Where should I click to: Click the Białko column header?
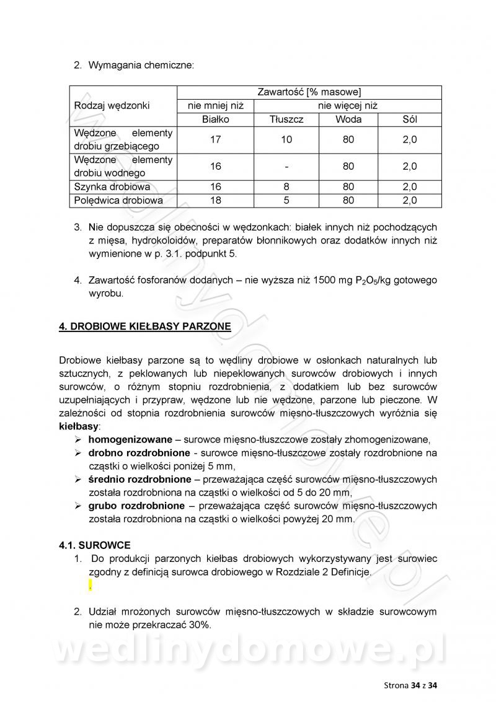pyautogui.click(x=215, y=120)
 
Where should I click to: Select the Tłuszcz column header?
pyautogui.click(x=286, y=120)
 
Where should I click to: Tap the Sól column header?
pyautogui.click(x=410, y=120)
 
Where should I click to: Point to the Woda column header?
pyautogui.click(x=348, y=120)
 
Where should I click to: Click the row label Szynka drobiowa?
pyautogui.click(x=112, y=186)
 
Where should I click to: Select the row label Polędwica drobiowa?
pyautogui.click(x=118, y=200)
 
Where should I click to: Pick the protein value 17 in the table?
pyautogui.click(x=215, y=140)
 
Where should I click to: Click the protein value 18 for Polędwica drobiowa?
pyautogui.click(x=215, y=200)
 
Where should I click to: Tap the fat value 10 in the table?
pyautogui.click(x=286, y=140)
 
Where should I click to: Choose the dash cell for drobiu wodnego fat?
pyautogui.click(x=286, y=167)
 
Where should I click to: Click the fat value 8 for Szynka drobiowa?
pyautogui.click(x=286, y=186)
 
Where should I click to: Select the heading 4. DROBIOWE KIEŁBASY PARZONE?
pyautogui.click(x=144, y=327)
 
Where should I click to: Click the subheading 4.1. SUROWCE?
pyautogui.click(x=95, y=545)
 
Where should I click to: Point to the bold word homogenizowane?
pyautogui.click(x=128, y=439)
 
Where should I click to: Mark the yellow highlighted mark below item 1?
pyautogui.click(x=91, y=586)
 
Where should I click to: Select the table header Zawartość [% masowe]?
pyautogui.click(x=308, y=92)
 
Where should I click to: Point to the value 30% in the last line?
pyautogui.click(x=198, y=625)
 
